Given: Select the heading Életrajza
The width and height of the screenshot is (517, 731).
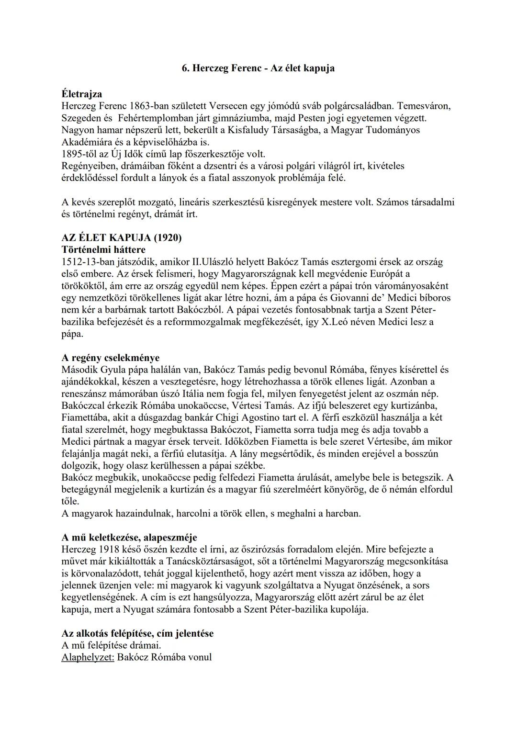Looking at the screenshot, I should pyautogui.click(x=82, y=94).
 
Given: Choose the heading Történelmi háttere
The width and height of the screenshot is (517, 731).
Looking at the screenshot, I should pyautogui.click(x=103, y=249).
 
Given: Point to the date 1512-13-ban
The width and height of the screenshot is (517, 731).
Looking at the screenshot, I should pyautogui.click(x=89, y=262).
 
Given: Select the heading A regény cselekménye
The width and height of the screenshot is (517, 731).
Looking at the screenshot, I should pyautogui.click(x=111, y=358).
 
